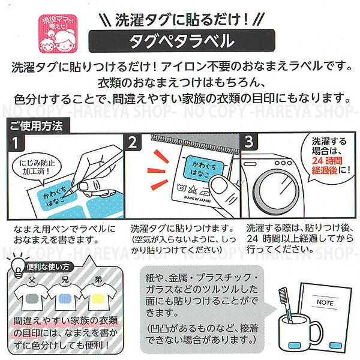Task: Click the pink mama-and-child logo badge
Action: (x=58, y=34)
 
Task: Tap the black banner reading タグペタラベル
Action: (x=182, y=41)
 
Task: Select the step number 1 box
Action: (x=16, y=143)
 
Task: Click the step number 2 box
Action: (x=133, y=142)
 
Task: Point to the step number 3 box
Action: (x=249, y=142)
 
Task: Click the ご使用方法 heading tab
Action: (x=38, y=125)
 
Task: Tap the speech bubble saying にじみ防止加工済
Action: (x=37, y=167)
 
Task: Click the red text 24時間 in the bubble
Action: (x=327, y=160)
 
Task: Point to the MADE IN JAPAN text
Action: (x=197, y=199)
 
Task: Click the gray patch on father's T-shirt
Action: (x=32, y=299)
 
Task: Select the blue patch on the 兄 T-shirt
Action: (x=65, y=299)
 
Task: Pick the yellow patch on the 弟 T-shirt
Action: (x=98, y=299)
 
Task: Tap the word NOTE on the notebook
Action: (x=325, y=302)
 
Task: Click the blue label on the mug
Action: (x=295, y=345)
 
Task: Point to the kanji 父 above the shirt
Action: (x=32, y=280)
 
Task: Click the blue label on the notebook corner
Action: (x=335, y=345)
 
